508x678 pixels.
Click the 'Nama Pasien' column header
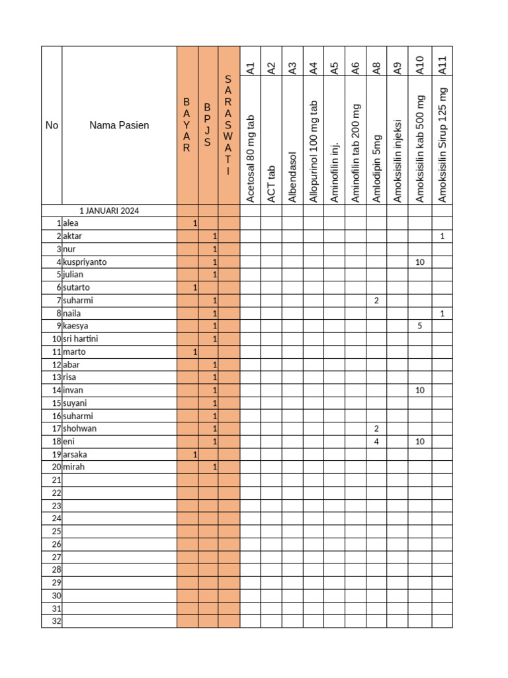click(x=119, y=125)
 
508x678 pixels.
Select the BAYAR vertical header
click(x=187, y=125)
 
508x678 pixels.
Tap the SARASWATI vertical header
click(x=228, y=125)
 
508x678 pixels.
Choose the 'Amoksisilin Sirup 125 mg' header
click(x=443, y=144)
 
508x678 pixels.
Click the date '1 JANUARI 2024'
click(x=109, y=211)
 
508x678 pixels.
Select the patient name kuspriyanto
click(x=85, y=262)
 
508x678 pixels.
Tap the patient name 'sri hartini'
click(x=80, y=339)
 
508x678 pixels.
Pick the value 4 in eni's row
click(x=376, y=441)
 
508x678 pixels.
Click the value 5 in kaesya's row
click(x=419, y=326)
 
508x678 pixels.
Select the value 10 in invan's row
click(x=419, y=391)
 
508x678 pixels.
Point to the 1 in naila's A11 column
click(x=442, y=313)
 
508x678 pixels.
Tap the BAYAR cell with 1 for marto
click(x=194, y=352)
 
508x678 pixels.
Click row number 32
click(x=56, y=621)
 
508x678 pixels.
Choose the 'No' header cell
click(x=52, y=125)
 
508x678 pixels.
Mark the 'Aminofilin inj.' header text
click(x=335, y=171)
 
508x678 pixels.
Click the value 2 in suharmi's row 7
click(x=376, y=301)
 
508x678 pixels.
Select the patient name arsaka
click(x=75, y=454)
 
